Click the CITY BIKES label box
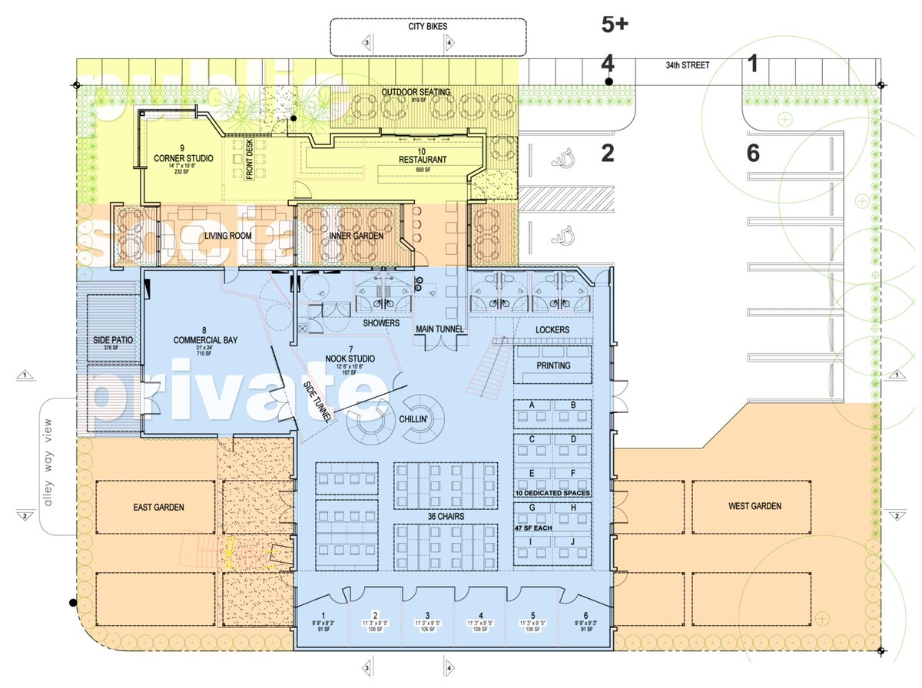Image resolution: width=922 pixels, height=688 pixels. [x=427, y=25]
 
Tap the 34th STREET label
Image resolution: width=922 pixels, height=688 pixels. [x=687, y=66]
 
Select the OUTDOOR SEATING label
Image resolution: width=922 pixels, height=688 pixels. [x=416, y=93]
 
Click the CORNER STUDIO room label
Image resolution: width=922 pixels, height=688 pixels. [x=183, y=158]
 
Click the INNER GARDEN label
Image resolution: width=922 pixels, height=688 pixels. [x=356, y=236]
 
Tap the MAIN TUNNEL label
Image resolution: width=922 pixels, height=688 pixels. [x=439, y=329]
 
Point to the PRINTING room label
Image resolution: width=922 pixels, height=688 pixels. [x=553, y=365]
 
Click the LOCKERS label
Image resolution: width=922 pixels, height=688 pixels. [x=552, y=329]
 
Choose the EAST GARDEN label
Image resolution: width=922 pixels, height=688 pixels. [x=158, y=507]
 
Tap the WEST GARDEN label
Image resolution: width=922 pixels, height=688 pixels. [x=755, y=506]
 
